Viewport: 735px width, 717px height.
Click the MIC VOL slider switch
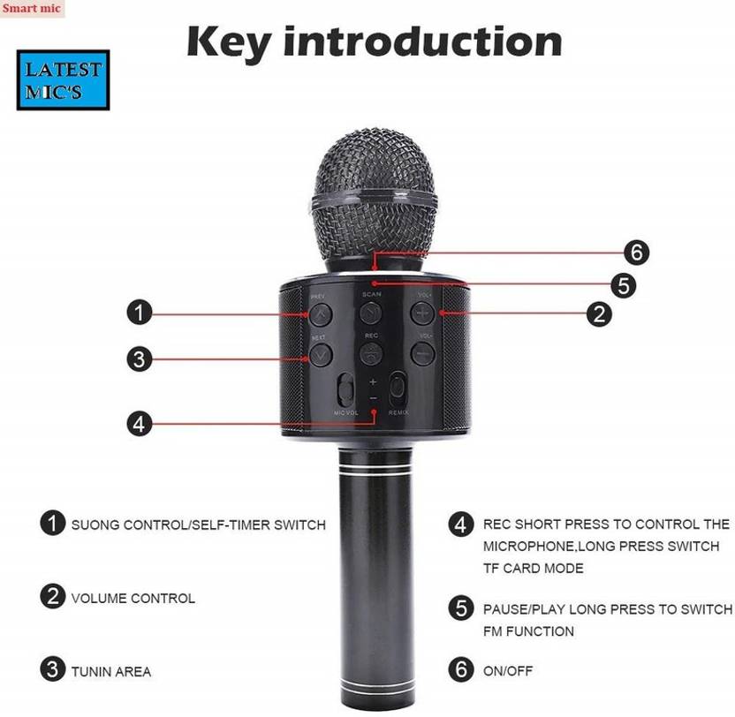pos(345,391)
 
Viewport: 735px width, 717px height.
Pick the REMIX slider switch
pos(398,390)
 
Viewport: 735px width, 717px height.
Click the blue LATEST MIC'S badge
pos(62,79)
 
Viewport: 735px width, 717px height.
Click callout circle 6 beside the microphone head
pos(635,253)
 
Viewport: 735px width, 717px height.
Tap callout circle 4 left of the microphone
pos(138,423)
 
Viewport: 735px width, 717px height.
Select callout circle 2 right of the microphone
pos(601,313)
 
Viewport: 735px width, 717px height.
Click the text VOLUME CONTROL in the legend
pos(133,598)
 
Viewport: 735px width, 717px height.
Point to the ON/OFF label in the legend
pos(508,670)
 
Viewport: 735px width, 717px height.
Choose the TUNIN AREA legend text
pos(111,671)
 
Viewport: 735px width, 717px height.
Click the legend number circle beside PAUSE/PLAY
pos(460,608)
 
